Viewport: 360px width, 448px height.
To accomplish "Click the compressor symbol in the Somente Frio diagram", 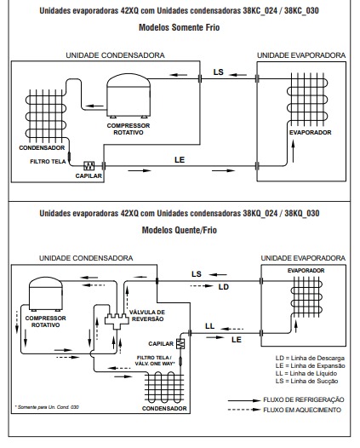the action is [x=129, y=95].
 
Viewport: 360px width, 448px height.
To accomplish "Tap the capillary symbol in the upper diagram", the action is [x=89, y=165].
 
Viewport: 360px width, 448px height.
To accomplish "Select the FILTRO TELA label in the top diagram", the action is [x=48, y=162].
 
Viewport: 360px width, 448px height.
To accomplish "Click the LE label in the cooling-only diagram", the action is [x=180, y=160].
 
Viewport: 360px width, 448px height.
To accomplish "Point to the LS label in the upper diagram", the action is [x=218, y=72].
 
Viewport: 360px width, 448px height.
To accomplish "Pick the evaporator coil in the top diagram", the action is [x=307, y=100].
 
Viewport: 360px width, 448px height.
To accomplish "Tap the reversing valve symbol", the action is [x=117, y=321].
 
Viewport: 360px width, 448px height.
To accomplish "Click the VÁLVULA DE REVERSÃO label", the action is [x=147, y=315].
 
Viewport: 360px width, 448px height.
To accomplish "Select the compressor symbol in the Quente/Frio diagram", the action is [x=46, y=294].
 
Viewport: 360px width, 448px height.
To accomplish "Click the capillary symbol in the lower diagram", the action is [x=180, y=343].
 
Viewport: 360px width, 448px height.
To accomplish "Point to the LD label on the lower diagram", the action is [x=224, y=287].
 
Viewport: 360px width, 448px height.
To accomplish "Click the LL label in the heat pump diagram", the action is [x=209, y=326].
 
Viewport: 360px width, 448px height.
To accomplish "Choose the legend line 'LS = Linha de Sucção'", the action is [x=306, y=381].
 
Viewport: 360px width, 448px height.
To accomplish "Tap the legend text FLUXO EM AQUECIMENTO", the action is [x=302, y=410].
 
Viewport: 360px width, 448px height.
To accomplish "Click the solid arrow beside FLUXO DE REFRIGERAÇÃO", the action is [x=244, y=400].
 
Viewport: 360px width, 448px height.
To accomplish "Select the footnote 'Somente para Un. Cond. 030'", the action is [x=47, y=407].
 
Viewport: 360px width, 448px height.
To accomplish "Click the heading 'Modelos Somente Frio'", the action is [x=180, y=27].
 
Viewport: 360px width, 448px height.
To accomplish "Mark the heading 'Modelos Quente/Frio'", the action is [x=180, y=230].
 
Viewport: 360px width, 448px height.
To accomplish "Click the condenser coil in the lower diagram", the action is [x=164, y=388].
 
